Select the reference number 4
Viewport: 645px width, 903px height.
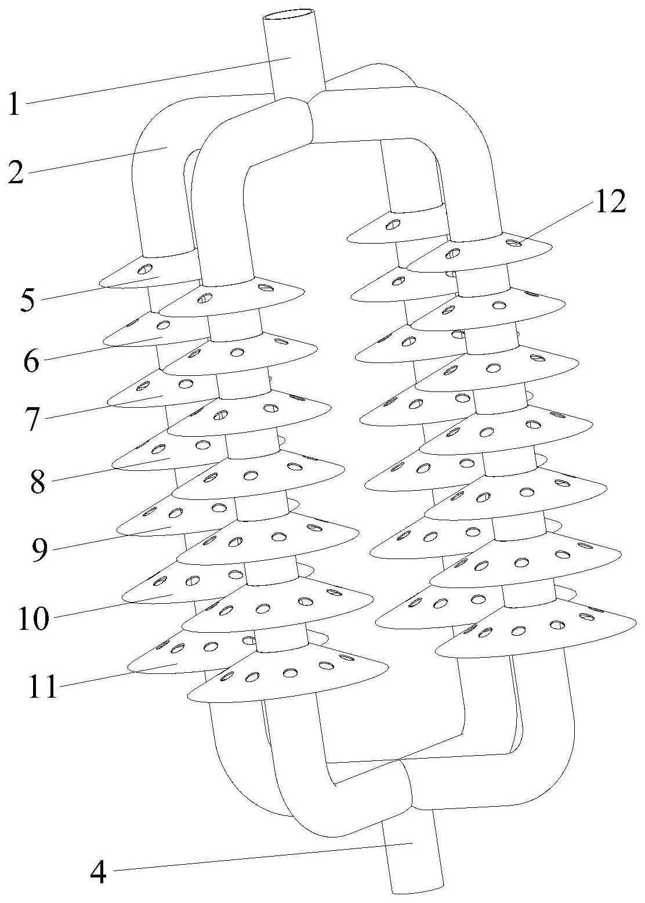(x=99, y=871)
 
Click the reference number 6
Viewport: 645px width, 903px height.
(x=30, y=362)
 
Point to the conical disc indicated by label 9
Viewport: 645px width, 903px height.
(x=168, y=525)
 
